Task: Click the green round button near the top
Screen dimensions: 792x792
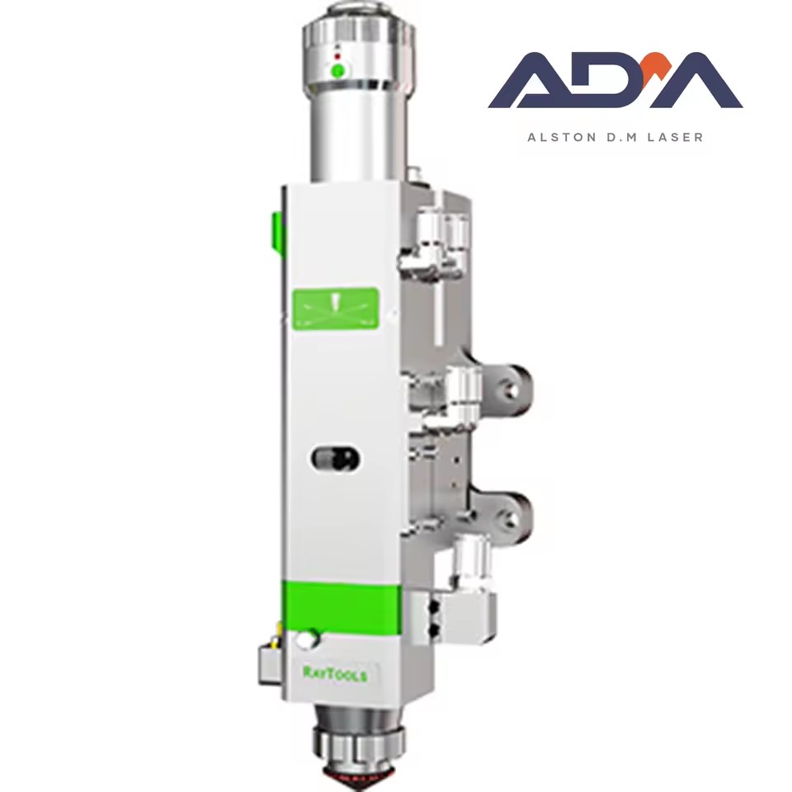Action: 338,71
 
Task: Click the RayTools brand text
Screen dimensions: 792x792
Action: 335,674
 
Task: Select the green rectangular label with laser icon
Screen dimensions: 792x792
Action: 336,309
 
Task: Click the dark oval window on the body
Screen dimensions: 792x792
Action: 335,459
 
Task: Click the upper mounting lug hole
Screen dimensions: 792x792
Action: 511,388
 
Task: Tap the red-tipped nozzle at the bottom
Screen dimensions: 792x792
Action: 360,782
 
